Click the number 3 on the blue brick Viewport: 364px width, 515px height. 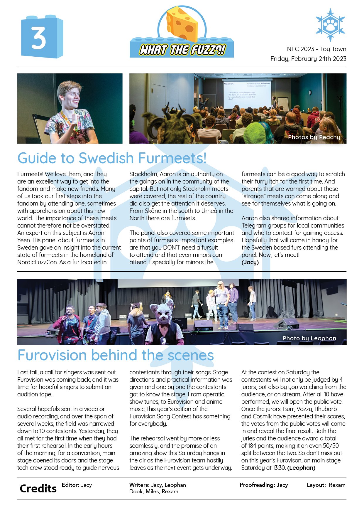click(39, 38)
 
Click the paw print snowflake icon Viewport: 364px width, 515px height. click(330, 25)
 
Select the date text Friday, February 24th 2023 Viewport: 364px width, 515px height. click(308, 59)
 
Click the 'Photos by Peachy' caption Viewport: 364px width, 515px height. click(314, 137)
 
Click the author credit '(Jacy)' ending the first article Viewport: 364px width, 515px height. click(250, 262)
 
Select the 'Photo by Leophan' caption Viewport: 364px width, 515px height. click(309, 338)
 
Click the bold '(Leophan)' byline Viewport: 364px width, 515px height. click(301, 468)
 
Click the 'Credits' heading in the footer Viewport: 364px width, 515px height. click(38, 489)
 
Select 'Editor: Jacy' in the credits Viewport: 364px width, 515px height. click(77, 485)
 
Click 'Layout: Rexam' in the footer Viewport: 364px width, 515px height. click(326, 485)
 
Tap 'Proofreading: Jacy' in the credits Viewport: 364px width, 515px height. click(264, 485)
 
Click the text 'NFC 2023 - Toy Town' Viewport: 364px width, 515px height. click(316, 49)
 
